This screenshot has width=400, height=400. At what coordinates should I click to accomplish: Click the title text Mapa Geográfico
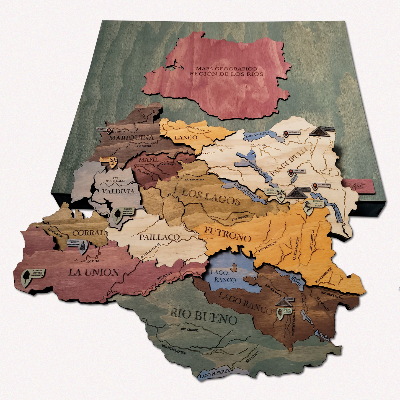[226, 68]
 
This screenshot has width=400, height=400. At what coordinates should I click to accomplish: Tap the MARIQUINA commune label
[131, 138]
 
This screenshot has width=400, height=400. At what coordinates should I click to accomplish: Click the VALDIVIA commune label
[118, 191]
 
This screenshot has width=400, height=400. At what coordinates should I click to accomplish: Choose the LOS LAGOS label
[210, 197]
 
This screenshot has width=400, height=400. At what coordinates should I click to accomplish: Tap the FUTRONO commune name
[227, 234]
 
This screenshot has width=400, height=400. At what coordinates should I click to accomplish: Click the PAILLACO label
[159, 237]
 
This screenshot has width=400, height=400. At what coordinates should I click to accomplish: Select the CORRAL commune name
[89, 233]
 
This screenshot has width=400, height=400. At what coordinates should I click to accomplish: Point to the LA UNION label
[94, 272]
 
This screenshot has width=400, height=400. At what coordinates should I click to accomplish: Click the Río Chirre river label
[189, 329]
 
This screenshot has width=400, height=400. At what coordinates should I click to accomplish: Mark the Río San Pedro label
[194, 180]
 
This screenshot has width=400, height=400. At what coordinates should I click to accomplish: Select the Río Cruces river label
[144, 146]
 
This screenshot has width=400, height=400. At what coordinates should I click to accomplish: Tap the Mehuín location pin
[109, 131]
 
